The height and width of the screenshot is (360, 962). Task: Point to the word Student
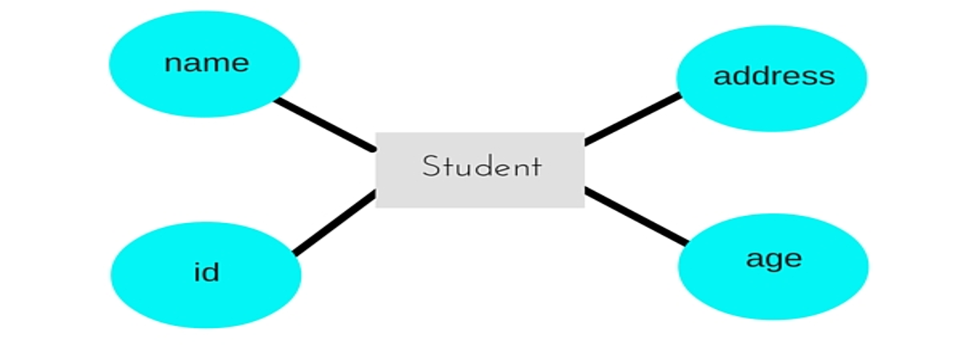tap(481, 167)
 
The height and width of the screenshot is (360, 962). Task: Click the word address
tap(774, 76)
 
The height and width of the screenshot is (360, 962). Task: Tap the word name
tap(206, 63)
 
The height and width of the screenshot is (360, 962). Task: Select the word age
tap(774, 260)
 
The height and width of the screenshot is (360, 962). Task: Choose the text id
tap(206, 272)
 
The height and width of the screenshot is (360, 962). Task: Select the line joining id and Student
tap(334, 224)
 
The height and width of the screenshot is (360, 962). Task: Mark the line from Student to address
tap(633, 119)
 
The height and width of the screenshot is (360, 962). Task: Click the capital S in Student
tap(431, 167)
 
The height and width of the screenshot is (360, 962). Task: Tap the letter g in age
tap(774, 262)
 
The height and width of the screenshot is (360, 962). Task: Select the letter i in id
tap(197, 272)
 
